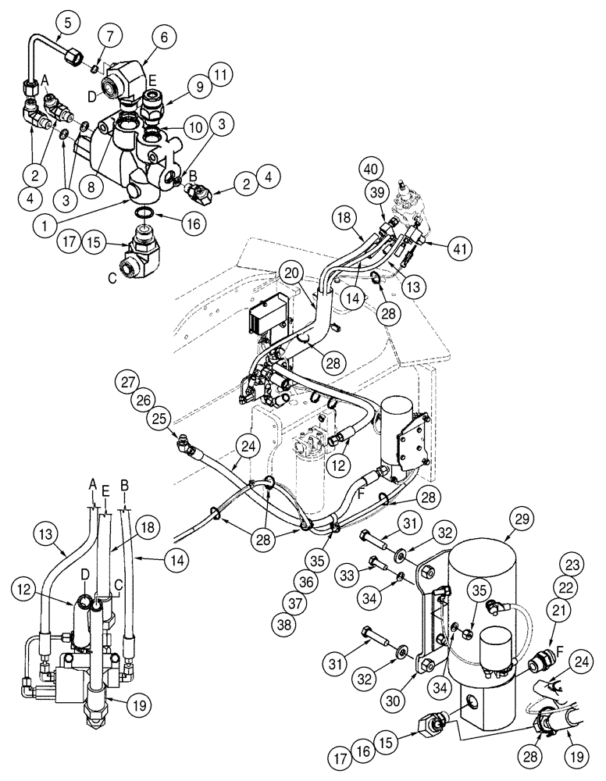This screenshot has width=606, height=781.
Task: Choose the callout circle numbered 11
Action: pyautogui.click(x=221, y=75)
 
